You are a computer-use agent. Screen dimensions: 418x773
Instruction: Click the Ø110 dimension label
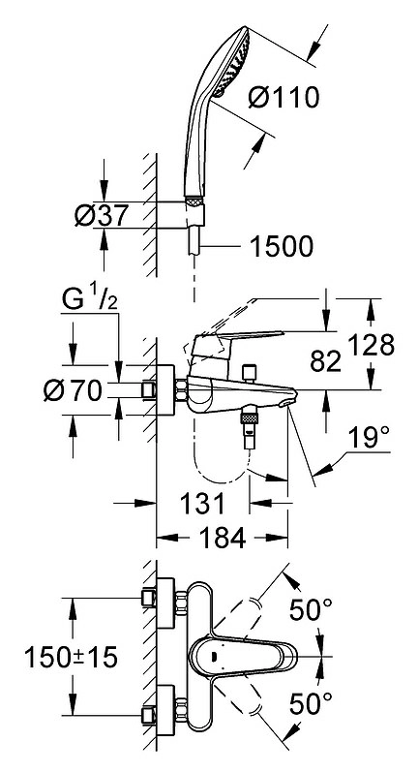(284, 98)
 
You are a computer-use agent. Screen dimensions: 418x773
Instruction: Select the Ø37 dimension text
(102, 215)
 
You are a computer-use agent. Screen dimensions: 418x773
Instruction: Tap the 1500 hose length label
(282, 247)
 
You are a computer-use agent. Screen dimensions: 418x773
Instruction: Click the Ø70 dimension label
(73, 391)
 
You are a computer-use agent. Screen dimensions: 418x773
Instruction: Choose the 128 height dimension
(372, 345)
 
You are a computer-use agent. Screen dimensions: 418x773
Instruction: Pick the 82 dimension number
(326, 362)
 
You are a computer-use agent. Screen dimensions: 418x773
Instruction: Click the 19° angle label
(368, 438)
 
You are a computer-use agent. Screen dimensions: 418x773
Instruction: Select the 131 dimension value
(202, 504)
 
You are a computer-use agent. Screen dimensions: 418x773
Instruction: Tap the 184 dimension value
(223, 538)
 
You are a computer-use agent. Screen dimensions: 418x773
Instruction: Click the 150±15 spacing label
(71, 657)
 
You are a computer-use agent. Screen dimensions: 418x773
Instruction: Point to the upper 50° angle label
(311, 610)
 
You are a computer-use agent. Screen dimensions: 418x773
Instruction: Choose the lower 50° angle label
(311, 704)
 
